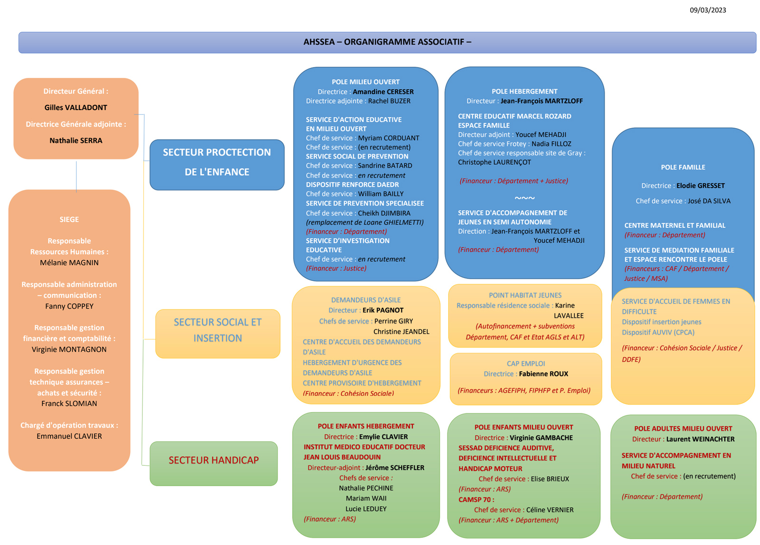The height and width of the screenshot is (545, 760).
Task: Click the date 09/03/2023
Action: [x=707, y=10]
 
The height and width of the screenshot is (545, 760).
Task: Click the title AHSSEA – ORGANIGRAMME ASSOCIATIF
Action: [x=387, y=42]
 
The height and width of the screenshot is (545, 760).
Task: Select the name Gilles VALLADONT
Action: [x=76, y=107]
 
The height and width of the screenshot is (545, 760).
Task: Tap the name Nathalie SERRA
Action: [x=76, y=141]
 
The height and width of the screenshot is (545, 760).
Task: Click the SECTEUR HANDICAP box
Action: [x=214, y=460]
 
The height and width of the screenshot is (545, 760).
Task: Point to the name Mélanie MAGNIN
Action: [x=69, y=263]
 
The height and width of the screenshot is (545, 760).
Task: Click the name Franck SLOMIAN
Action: [x=69, y=404]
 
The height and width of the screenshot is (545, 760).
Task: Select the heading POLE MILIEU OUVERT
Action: [x=365, y=82]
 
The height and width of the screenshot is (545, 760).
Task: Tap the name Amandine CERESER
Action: [x=383, y=92]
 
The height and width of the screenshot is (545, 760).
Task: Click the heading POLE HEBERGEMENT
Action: [x=524, y=91]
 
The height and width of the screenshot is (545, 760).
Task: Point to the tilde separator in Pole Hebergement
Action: [x=524, y=198]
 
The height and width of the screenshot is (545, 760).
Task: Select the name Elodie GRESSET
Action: [x=700, y=186]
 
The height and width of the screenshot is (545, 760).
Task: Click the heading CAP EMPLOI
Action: [x=525, y=364]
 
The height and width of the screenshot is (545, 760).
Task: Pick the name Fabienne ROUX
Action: [x=543, y=374]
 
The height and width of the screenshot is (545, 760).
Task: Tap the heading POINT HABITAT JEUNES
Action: [x=525, y=295]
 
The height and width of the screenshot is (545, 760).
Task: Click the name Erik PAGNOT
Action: [x=383, y=310]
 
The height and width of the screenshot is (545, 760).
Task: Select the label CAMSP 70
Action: [x=476, y=499]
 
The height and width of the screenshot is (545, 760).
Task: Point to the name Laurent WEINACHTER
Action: [x=700, y=439]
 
